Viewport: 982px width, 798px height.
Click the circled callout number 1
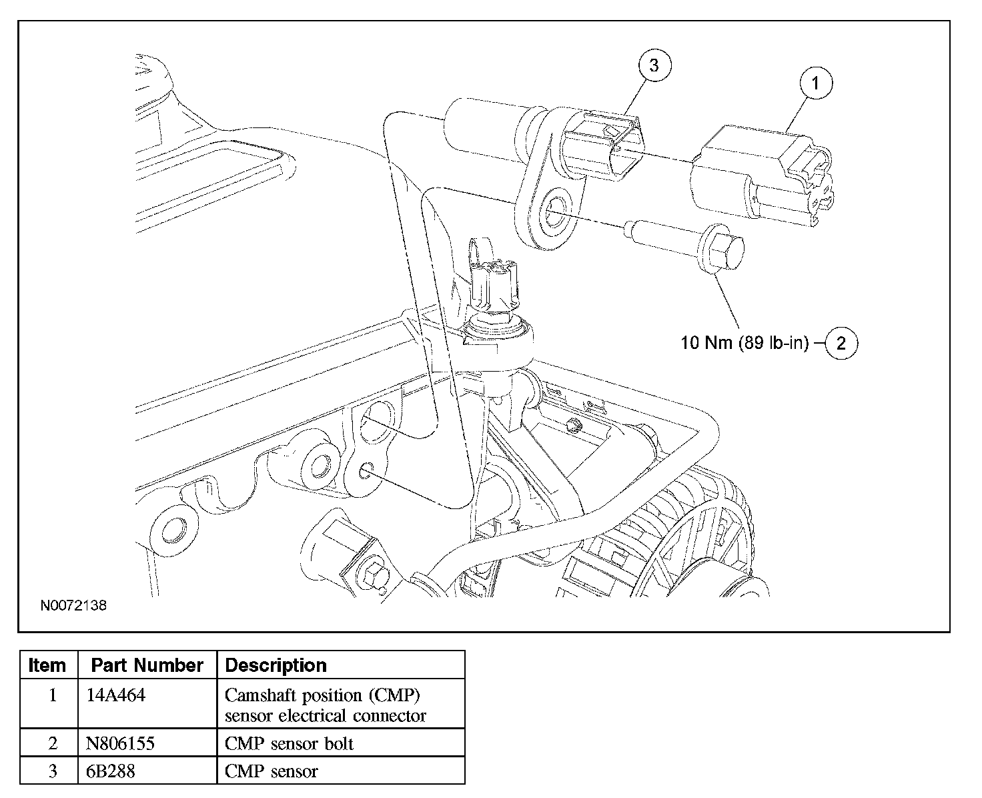click(816, 83)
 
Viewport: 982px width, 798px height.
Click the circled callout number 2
click(841, 343)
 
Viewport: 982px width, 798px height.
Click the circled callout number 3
click(654, 65)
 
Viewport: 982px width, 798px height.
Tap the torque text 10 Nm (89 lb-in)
click(745, 342)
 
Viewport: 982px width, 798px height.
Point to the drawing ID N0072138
click(73, 605)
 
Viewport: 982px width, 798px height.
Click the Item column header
click(47, 665)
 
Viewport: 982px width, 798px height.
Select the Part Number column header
click(147, 665)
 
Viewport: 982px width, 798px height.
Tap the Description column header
click(276, 665)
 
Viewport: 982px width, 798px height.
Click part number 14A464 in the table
click(115, 695)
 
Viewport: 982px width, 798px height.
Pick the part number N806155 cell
click(120, 743)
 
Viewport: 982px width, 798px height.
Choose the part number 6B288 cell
click(111, 771)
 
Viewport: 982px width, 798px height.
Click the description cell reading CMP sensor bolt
click(289, 743)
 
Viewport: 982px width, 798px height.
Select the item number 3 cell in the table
click(53, 771)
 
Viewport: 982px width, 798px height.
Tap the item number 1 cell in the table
click(53, 695)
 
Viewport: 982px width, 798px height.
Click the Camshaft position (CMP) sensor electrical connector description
click(325, 705)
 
